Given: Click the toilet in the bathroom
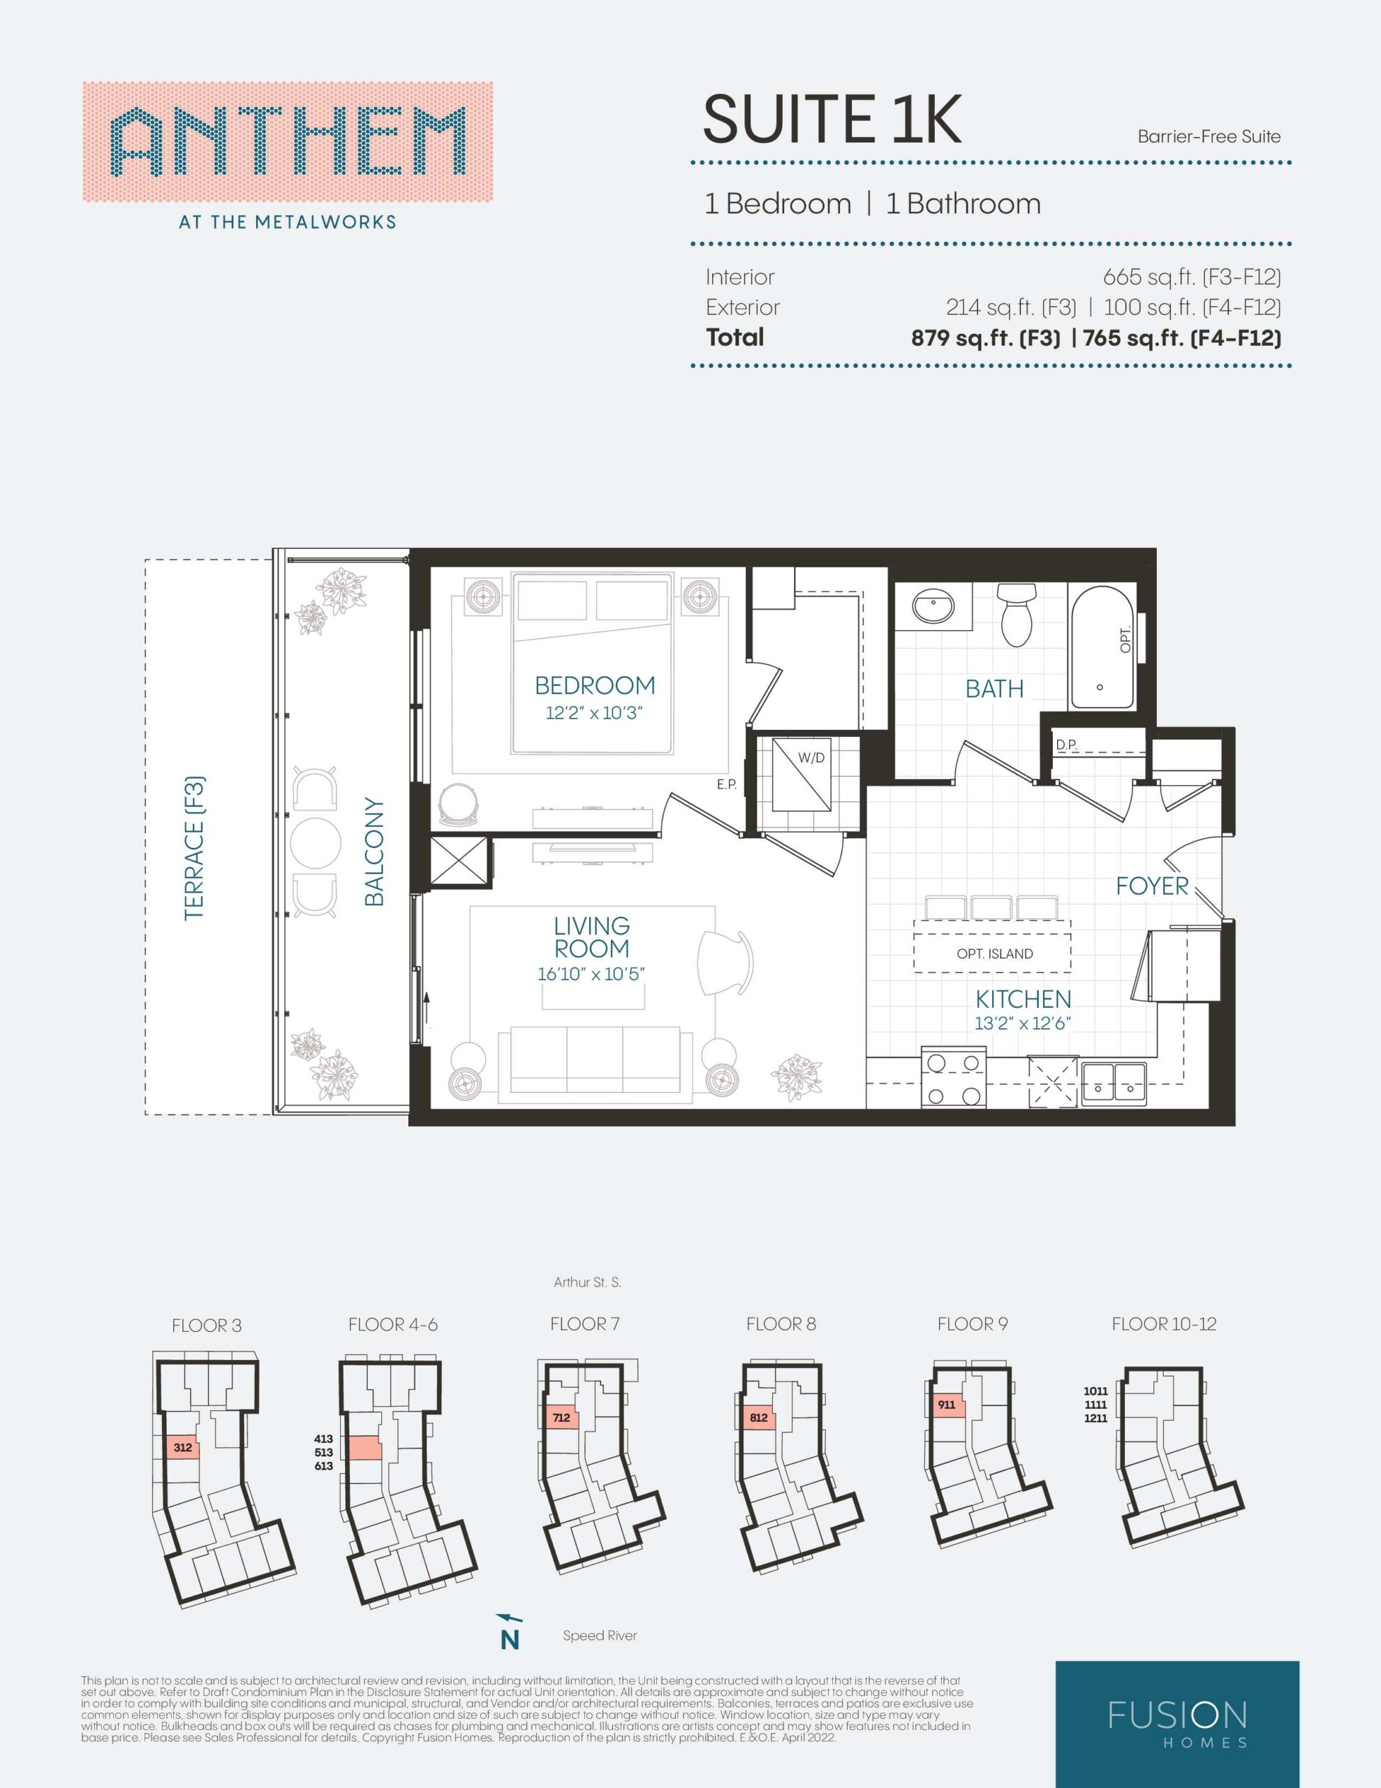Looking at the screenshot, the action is (1017, 615).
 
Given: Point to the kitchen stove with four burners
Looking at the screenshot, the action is (953, 1078).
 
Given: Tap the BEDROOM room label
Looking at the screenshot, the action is (595, 685).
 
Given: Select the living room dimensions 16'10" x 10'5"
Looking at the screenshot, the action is (591, 974).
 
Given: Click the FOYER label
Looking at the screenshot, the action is (1152, 886).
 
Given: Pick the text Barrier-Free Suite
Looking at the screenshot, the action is (1209, 137).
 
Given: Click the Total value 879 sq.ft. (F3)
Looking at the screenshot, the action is (986, 338).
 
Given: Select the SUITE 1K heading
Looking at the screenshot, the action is (832, 119).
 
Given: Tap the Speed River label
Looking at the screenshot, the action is (599, 1636).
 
